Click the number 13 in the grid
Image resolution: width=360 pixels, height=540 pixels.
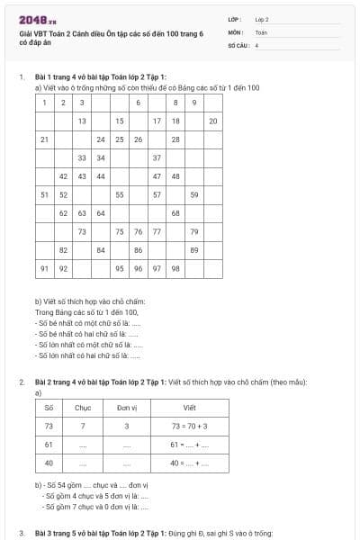coord(82,121)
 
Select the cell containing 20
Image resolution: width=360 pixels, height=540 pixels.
coord(213,121)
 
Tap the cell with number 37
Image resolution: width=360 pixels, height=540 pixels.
coord(157,157)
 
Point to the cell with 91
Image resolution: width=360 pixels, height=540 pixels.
coord(44,268)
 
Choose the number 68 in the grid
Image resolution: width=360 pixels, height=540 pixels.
coord(175,213)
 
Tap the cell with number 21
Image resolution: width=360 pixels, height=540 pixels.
coord(44,139)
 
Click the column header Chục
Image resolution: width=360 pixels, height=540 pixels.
coord(83,408)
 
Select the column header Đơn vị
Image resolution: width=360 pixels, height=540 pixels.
coord(127,408)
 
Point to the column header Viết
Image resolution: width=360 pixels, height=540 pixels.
coord(189,408)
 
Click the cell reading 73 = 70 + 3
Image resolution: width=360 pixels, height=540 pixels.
coord(189,426)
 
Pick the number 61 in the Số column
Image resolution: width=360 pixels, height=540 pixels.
coord(49,445)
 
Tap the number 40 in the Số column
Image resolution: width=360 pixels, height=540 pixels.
coord(49,463)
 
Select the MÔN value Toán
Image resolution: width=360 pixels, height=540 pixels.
coord(261,31)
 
